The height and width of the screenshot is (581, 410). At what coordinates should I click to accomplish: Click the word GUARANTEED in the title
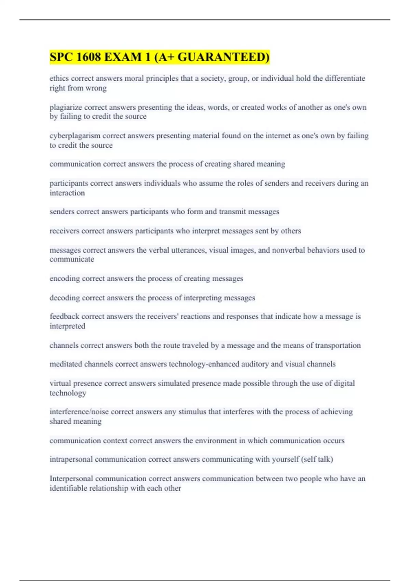point(223,57)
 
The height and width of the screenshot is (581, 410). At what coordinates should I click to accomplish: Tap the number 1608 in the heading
point(88,57)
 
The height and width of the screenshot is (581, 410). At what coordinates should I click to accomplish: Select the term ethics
point(59,79)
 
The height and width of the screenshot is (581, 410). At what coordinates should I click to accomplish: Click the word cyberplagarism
point(75,136)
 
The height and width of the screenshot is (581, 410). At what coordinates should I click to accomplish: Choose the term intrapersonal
point(71,459)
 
